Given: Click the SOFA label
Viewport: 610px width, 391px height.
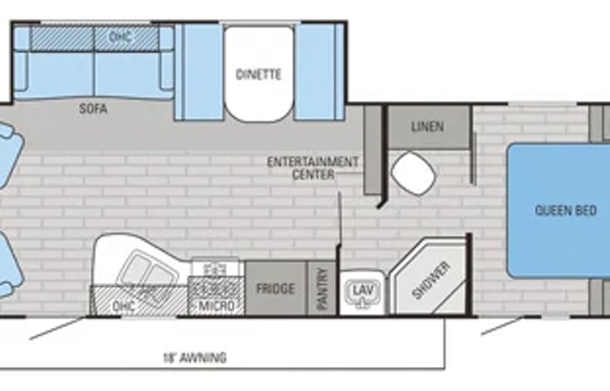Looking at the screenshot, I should pos(94,108).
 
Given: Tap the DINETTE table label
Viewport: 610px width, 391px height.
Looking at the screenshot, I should pos(258,74).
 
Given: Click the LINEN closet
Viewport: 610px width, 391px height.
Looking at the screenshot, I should pos(427,127).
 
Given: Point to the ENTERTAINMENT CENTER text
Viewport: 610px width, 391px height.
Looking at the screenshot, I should pos(313,168).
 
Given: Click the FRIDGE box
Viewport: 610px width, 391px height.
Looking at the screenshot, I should pos(275,288).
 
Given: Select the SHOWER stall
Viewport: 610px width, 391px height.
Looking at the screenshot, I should pos(431,279).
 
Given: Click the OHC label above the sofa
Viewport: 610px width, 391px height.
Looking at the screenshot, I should pos(120,37).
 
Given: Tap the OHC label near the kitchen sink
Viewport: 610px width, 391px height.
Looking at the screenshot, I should pos(123,306).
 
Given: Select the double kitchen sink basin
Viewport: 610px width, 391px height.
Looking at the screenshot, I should pos(143,268).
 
